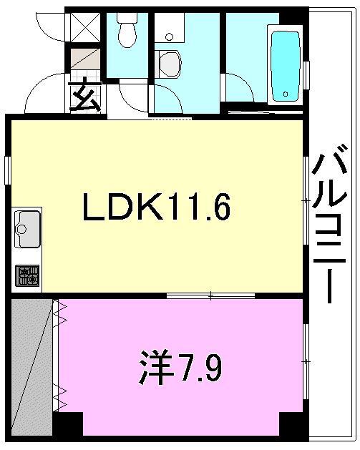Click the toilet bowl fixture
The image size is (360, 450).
point(127,33)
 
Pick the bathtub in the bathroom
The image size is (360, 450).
point(285,63)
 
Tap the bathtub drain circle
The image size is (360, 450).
point(286,93)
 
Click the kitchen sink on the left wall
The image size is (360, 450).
point(27,229)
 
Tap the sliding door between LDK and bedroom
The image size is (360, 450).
point(210,294)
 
